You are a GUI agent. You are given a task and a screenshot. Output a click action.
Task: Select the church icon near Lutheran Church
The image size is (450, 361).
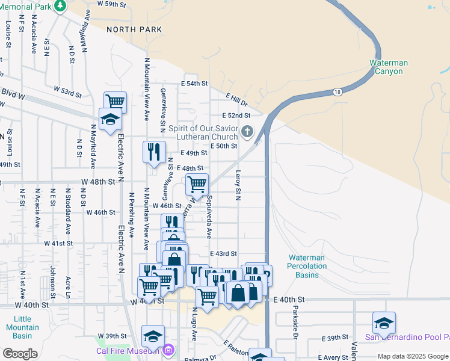click(x=247, y=131)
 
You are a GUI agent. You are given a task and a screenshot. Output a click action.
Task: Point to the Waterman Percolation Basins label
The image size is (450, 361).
click(x=306, y=265)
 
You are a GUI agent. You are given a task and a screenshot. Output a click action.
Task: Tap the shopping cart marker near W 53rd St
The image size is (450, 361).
click(x=115, y=101)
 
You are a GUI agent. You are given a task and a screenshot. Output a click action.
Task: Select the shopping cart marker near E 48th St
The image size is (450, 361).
click(x=197, y=184)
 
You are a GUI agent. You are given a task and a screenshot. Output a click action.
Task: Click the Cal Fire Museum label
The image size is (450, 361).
click(x=128, y=351)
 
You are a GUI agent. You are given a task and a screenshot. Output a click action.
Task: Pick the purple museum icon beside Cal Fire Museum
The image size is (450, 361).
click(x=168, y=350)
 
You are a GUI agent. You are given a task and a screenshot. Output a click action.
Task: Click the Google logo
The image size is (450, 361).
click(x=20, y=354)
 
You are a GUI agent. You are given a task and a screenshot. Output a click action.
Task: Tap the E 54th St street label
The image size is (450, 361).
click(x=196, y=84)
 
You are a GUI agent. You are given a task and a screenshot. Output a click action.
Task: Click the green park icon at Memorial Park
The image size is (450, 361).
click(x=60, y=6)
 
